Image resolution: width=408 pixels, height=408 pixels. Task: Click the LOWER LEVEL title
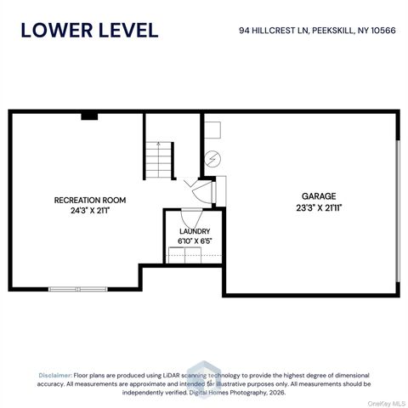89,31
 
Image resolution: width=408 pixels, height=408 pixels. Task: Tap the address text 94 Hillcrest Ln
274,31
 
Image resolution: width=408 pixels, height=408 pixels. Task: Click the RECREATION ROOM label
90,201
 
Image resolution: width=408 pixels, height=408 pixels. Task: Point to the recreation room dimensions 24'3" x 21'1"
90,211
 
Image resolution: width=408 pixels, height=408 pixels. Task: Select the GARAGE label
319,196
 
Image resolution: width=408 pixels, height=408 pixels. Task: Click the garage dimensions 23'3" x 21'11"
319,208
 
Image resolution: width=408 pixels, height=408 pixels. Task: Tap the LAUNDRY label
195,231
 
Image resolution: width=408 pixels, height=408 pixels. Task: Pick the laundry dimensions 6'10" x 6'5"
195,241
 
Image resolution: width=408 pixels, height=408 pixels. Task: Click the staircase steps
159,160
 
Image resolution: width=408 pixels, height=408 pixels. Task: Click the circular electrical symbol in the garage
212,159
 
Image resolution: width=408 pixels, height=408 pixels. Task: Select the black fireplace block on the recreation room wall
89,116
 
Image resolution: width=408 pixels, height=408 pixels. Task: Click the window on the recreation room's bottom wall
78,289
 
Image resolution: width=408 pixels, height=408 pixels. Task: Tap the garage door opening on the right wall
398,211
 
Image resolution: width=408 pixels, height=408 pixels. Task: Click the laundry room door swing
191,218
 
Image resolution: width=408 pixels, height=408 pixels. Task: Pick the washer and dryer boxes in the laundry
184,255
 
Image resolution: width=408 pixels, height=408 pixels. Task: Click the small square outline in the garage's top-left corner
212,130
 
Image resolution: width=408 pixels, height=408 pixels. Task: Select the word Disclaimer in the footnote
55,376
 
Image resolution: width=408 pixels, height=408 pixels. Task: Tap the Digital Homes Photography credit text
228,393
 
